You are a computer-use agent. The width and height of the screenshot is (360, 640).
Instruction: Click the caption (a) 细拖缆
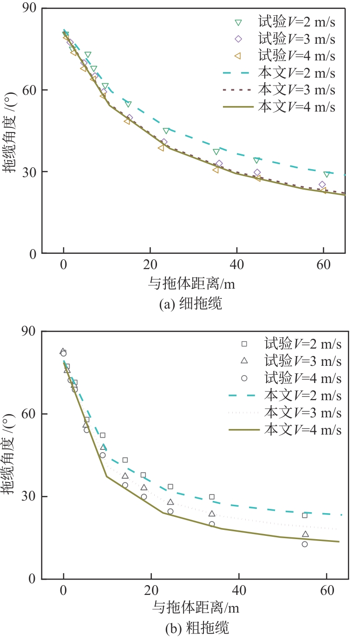pyautogui.click(x=190, y=304)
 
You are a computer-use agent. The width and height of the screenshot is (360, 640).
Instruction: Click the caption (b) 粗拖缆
pyautogui.click(x=197, y=629)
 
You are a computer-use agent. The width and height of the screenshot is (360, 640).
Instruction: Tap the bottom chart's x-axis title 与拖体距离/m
pyautogui.click(x=196, y=607)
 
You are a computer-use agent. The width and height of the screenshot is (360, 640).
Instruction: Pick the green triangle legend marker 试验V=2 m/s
pyautogui.click(x=238, y=22)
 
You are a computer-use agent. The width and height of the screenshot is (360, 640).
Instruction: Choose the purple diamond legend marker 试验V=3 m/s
pyautogui.click(x=238, y=39)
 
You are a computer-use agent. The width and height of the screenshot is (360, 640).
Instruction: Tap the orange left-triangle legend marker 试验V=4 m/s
pyautogui.click(x=238, y=56)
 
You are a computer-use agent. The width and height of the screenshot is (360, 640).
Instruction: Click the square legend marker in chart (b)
pyautogui.click(x=244, y=344)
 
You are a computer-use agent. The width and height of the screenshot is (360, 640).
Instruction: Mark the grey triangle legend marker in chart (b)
pyautogui.click(x=244, y=360)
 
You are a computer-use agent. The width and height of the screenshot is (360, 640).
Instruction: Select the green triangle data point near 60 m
pyautogui.click(x=327, y=174)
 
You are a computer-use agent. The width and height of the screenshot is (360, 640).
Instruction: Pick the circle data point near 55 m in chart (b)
pyautogui.click(x=305, y=544)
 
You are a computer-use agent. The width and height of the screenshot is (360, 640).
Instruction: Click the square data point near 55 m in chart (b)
pyautogui.click(x=305, y=515)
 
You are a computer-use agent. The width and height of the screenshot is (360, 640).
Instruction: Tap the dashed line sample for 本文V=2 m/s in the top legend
pyautogui.click(x=238, y=73)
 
